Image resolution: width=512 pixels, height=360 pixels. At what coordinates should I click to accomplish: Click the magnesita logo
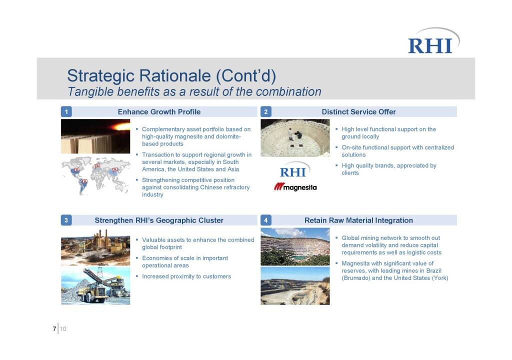[295, 187]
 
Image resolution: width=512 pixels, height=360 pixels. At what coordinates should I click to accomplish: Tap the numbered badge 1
[66, 111]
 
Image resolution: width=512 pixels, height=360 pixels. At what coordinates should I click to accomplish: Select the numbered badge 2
[266, 111]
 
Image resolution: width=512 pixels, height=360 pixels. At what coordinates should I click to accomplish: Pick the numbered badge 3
[66, 220]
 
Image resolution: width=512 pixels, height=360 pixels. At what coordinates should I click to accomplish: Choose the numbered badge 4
[266, 220]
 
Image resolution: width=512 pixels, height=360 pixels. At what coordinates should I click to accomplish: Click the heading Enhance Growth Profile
[159, 111]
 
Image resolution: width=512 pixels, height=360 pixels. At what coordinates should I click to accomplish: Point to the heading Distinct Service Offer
[358, 111]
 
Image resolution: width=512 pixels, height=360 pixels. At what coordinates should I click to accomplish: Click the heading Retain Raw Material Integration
[358, 220]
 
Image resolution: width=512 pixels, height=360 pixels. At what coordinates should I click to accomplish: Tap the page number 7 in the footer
[54, 328]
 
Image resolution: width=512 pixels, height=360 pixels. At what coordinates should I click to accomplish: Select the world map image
[95, 176]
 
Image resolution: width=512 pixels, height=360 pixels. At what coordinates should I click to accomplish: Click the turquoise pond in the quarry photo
[298, 257]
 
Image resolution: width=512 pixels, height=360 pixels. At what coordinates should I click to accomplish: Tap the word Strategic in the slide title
[101, 76]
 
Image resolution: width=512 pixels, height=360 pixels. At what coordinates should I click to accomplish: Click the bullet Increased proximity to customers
[186, 276]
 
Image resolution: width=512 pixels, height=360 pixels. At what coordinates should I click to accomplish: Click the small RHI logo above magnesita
[294, 169]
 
